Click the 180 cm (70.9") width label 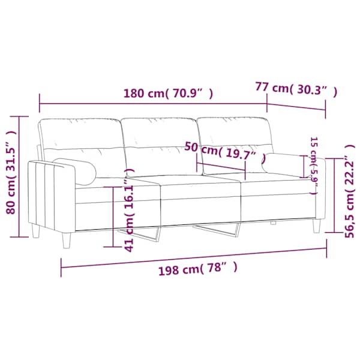click(x=168, y=93)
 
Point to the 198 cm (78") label click(x=198, y=268)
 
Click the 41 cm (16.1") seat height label click(x=129, y=210)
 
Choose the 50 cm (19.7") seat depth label click(x=225, y=151)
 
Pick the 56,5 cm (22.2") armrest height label click(x=350, y=191)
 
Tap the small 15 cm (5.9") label click(x=314, y=166)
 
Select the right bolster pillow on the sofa click(x=283, y=165)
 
